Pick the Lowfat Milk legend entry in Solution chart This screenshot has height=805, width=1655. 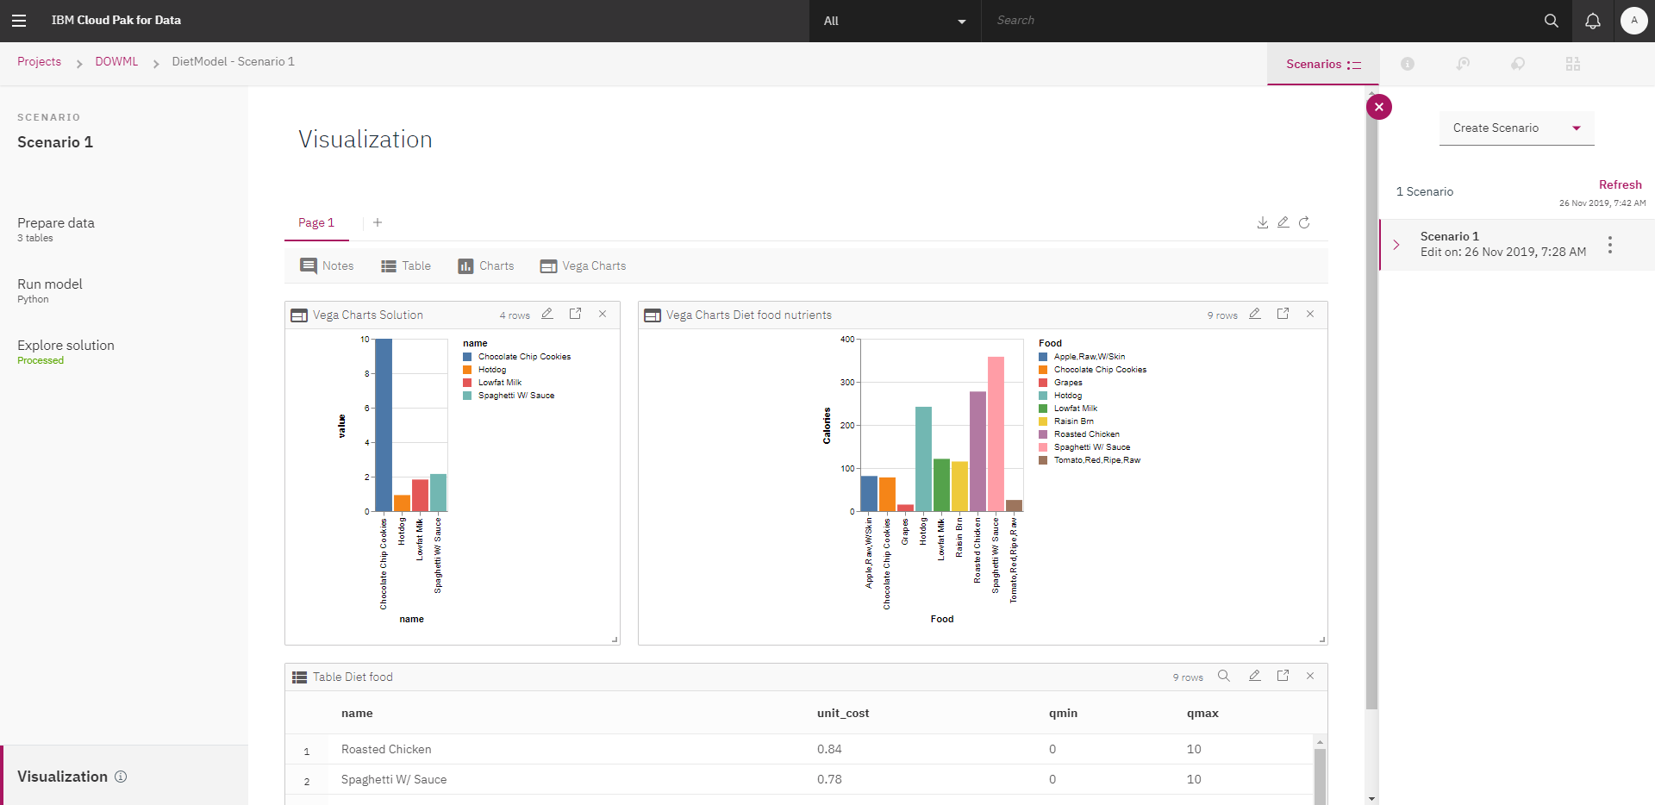(x=499, y=383)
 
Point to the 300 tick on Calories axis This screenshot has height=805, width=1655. (x=847, y=383)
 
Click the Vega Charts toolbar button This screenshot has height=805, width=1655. (x=584, y=266)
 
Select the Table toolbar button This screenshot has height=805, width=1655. (x=406, y=266)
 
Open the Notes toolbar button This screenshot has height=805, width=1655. (x=327, y=266)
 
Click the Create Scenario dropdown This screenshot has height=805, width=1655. (x=1516, y=128)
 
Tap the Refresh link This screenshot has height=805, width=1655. (x=1620, y=184)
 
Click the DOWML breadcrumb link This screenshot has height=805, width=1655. (x=116, y=62)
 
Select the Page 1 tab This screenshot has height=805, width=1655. (x=316, y=223)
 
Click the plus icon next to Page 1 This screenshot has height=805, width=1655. (x=378, y=223)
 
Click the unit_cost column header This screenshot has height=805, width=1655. (x=842, y=714)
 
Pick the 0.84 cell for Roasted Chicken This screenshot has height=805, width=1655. (x=829, y=750)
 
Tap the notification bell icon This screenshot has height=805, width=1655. (x=1592, y=21)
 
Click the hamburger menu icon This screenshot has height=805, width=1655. (x=19, y=21)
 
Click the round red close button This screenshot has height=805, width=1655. (x=1379, y=107)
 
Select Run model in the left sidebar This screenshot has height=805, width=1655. (x=50, y=284)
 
